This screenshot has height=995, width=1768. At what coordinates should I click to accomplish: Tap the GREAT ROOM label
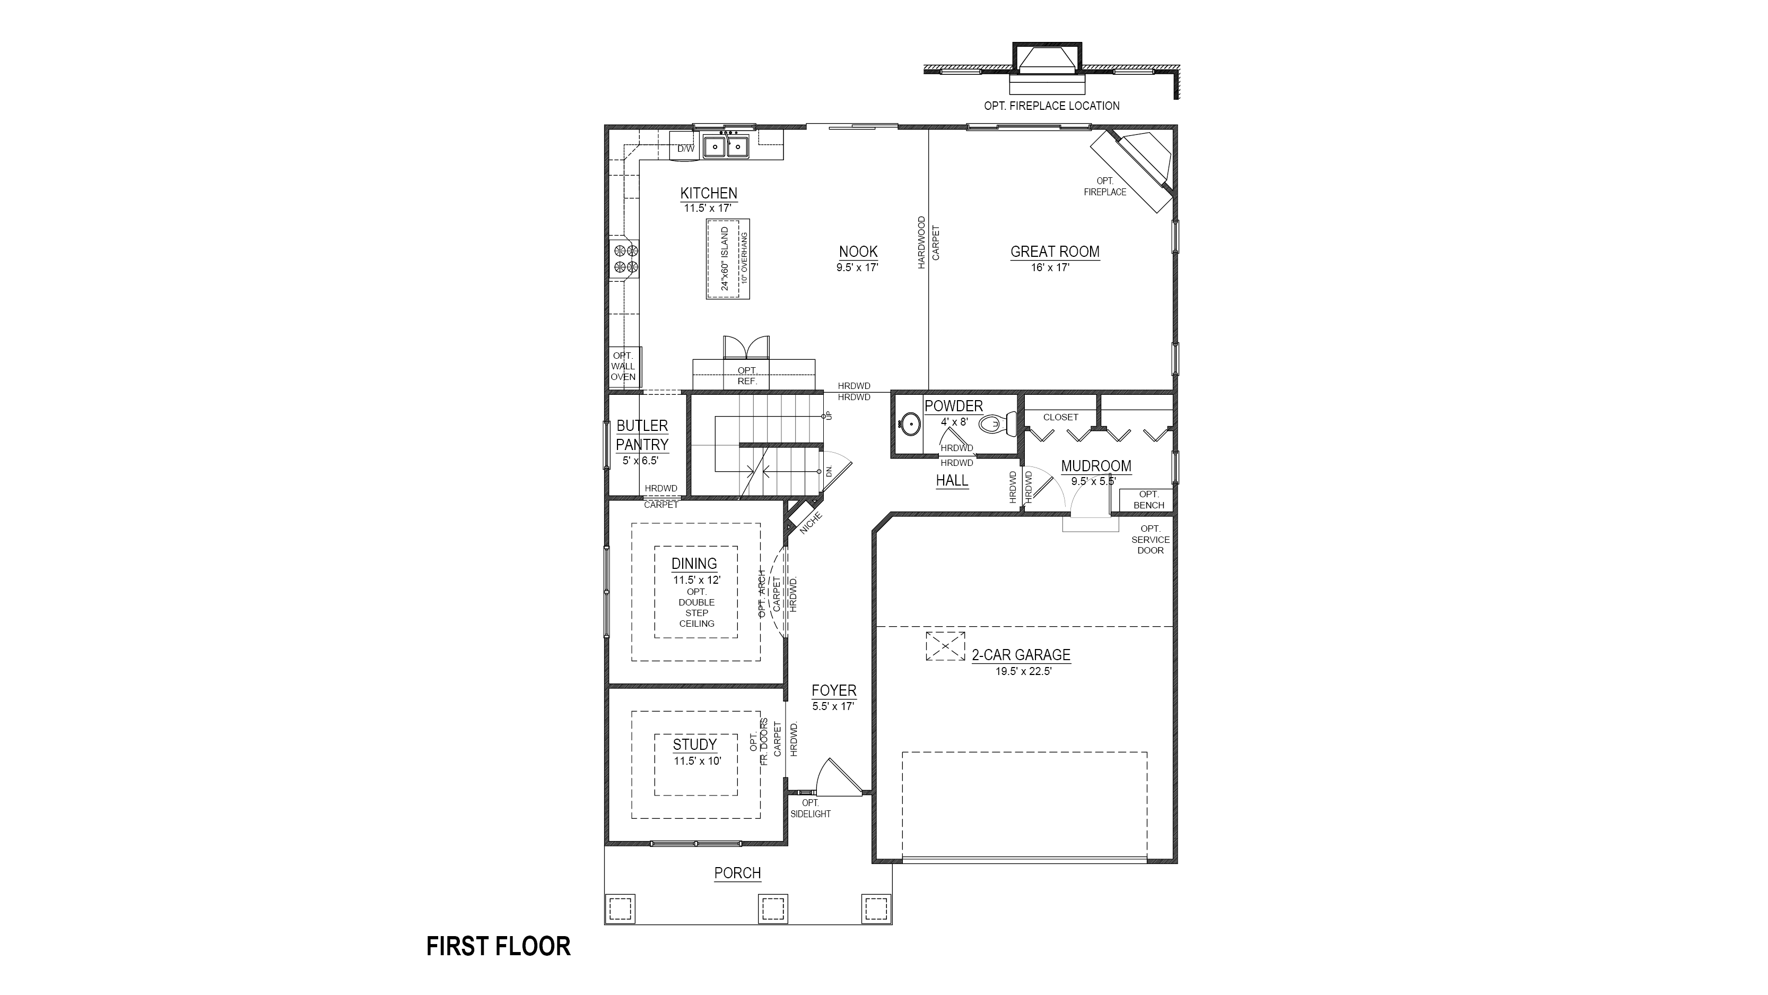click(1055, 252)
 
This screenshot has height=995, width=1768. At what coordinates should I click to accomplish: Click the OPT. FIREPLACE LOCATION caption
click(1051, 106)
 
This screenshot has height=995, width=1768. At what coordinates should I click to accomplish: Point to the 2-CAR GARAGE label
click(1021, 655)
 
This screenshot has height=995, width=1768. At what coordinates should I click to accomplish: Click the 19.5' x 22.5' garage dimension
click(1023, 672)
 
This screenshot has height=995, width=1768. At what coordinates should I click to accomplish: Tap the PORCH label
click(738, 873)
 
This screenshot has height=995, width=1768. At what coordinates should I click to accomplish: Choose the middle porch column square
click(773, 909)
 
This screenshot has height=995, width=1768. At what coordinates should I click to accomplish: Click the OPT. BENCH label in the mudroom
click(1149, 500)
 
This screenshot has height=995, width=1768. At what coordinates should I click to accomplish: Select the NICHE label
click(811, 523)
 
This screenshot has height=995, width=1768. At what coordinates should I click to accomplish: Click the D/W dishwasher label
click(686, 149)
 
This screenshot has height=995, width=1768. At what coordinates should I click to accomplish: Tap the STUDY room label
click(694, 745)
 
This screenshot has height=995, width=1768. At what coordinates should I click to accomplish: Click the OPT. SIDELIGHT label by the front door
click(811, 808)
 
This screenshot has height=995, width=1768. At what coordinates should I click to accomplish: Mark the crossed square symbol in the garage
click(945, 646)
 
